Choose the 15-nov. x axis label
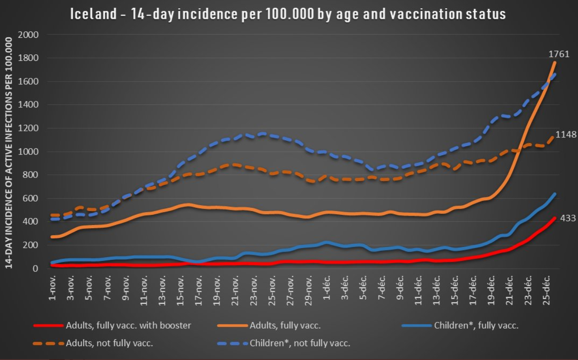click(x=180, y=290)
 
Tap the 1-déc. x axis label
click(x=326, y=289)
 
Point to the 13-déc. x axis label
click(x=436, y=290)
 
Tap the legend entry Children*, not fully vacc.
click(x=300, y=343)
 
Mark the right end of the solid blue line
click(x=555, y=194)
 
